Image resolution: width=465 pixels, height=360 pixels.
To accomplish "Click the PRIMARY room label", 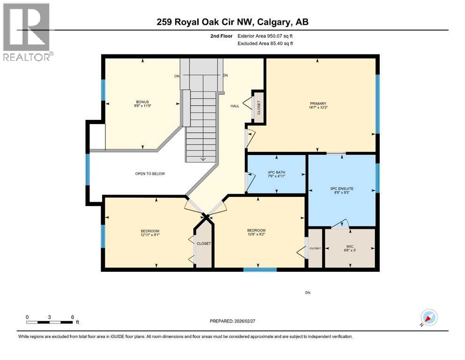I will [x=317, y=104].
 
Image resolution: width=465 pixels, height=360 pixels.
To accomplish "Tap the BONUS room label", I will [x=142, y=102].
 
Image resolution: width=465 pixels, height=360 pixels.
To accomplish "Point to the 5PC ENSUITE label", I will [x=341, y=188].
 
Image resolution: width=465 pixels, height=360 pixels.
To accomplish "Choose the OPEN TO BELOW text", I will [x=150, y=173].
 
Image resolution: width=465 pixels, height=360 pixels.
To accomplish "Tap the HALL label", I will [x=235, y=106].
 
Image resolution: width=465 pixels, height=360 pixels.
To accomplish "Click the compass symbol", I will [x=428, y=317].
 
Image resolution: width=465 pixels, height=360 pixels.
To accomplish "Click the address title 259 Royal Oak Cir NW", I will [x=207, y=22].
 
